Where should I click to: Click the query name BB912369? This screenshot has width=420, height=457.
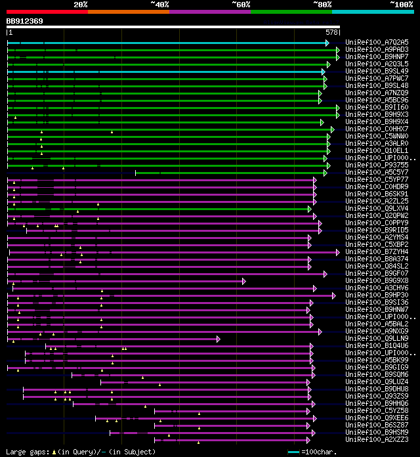[x=25, y=21]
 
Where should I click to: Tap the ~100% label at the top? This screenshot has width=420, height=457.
[x=401, y=4]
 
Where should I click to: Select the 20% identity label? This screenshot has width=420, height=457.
[x=81, y=4]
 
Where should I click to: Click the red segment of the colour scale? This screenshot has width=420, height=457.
[x=47, y=12]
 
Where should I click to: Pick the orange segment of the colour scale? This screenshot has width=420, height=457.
[x=128, y=12]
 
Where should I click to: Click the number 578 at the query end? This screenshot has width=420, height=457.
[x=331, y=32]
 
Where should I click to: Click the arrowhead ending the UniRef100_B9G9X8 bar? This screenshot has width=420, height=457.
[x=243, y=281]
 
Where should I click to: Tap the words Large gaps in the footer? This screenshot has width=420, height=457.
[x=26, y=452]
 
